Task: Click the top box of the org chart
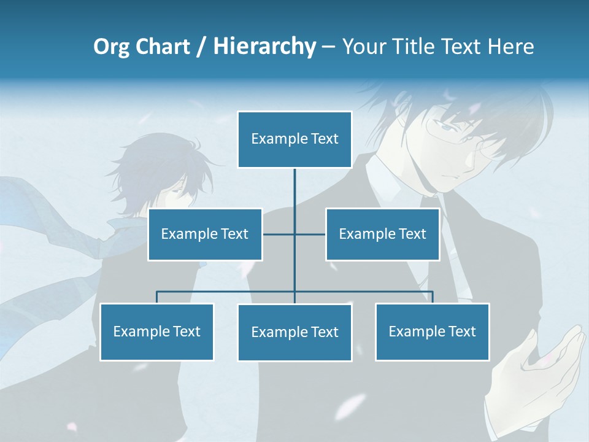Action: [294, 139]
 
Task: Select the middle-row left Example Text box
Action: [205, 234]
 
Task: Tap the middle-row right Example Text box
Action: [382, 234]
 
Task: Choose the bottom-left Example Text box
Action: [156, 331]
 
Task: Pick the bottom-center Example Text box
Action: [294, 332]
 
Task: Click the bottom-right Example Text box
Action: [432, 331]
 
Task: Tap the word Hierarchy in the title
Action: [264, 47]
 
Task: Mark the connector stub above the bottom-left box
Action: [156, 297]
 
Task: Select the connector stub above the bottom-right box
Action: [432, 297]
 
